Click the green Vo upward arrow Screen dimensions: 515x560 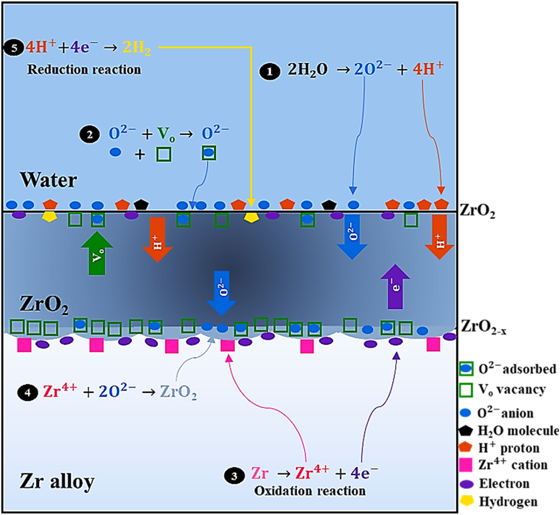(x=97, y=253)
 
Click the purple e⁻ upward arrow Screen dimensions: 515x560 (x=395, y=287)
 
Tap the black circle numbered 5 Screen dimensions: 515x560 (x=14, y=48)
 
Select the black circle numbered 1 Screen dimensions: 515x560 (x=270, y=71)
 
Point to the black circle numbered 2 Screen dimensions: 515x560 (x=89, y=135)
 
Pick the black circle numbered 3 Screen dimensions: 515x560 (x=234, y=476)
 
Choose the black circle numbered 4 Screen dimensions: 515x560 (x=27, y=393)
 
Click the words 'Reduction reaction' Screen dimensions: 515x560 (x=84, y=70)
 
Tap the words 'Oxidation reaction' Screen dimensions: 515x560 (x=310, y=491)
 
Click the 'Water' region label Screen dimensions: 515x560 (x=48, y=180)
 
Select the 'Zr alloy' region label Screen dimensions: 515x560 (x=57, y=481)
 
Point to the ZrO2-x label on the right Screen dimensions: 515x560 (x=483, y=327)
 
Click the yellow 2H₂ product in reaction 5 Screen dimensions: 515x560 (x=137, y=48)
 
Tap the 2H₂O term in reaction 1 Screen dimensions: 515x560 (x=307, y=70)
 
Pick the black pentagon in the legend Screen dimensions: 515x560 (x=466, y=431)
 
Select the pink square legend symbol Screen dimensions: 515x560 (x=466, y=465)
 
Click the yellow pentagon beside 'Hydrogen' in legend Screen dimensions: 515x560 (x=466, y=501)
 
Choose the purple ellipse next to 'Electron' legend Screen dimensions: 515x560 (x=466, y=484)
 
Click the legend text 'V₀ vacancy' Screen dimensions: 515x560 (x=512, y=390)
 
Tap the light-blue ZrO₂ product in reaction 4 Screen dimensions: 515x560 (x=178, y=393)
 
